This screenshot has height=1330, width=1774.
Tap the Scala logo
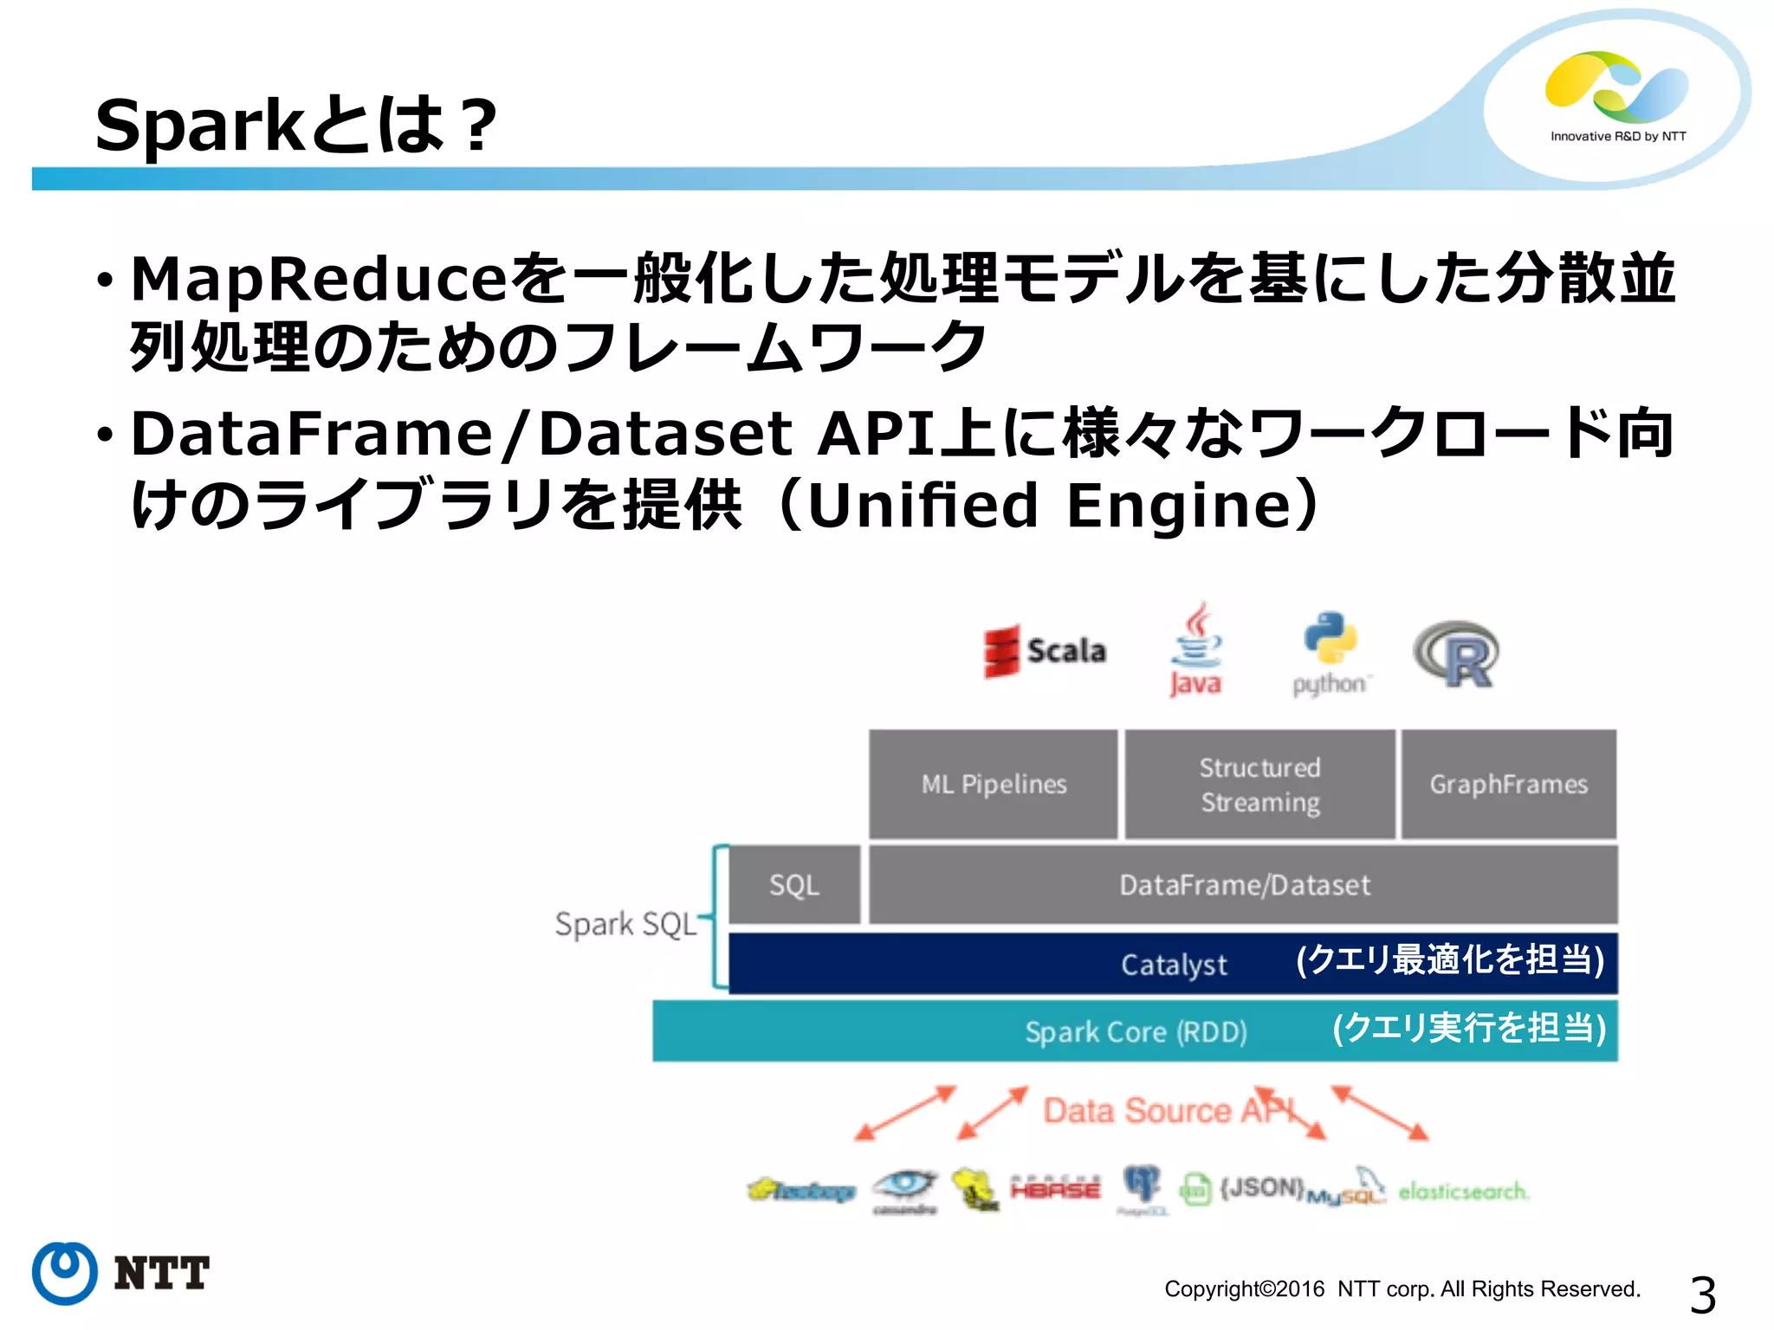tap(1045, 651)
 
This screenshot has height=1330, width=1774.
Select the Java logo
tap(1196, 651)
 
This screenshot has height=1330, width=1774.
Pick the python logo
tap(1330, 655)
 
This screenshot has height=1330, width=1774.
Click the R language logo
tap(1458, 655)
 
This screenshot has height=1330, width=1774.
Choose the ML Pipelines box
tap(994, 784)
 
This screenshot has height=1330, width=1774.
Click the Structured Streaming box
tap(1259, 784)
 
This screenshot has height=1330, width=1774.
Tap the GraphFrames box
tap(1508, 784)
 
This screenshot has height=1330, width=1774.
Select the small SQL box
tap(794, 885)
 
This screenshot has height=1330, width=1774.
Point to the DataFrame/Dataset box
tap(1244, 885)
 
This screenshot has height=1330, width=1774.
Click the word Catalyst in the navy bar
tap(1174, 965)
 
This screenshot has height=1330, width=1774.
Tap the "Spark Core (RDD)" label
tap(1136, 1032)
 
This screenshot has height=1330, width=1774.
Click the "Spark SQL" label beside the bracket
tap(625, 925)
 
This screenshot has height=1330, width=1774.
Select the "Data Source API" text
tap(1169, 1111)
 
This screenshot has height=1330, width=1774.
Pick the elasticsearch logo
tap(1463, 1191)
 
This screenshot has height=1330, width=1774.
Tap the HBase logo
tap(1055, 1189)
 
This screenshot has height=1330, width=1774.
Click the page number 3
tap(1702, 1295)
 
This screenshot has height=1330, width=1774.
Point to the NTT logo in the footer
tap(121, 1273)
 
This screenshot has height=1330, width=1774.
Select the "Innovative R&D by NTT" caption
tap(1618, 137)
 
